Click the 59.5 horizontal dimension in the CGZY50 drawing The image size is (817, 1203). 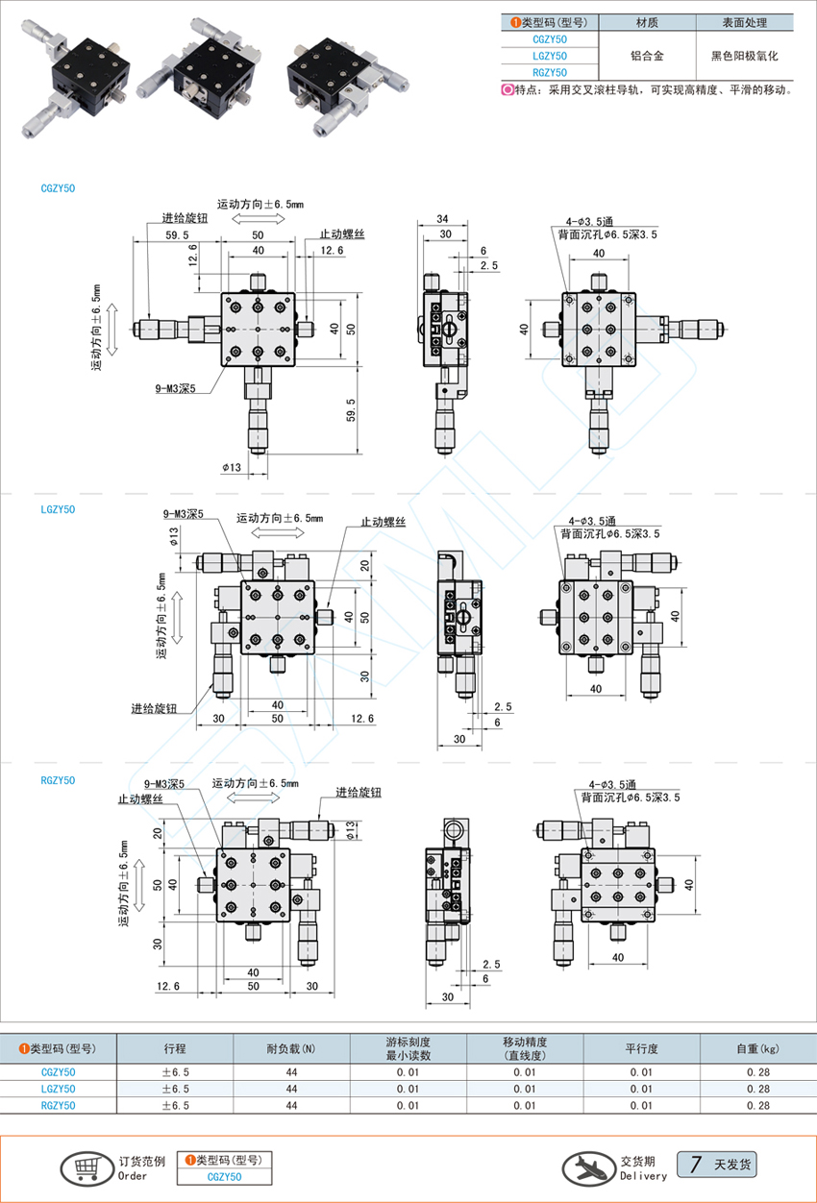[177, 235]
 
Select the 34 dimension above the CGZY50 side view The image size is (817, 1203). [442, 219]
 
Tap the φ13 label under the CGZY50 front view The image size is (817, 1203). [232, 467]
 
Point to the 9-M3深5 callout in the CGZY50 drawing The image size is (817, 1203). [175, 388]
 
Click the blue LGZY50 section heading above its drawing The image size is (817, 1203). [58, 509]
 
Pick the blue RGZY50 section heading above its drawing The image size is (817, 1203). [58, 780]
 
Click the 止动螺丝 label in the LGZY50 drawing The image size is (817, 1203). [383, 522]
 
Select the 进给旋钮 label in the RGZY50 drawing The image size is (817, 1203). [359, 792]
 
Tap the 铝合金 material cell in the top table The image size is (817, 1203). [647, 56]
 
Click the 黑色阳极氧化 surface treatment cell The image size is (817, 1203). [745, 56]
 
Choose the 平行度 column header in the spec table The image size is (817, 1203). [641, 1048]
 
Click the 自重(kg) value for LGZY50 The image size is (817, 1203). [758, 1089]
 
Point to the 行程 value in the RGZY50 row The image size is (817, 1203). [175, 1105]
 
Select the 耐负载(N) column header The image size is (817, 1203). [291, 1048]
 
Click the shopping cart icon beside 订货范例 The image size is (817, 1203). [87, 1168]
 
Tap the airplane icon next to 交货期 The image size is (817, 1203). [588, 1168]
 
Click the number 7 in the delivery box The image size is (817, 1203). [696, 1165]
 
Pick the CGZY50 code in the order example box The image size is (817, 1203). [225, 1177]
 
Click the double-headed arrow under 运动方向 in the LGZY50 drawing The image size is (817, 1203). [278, 532]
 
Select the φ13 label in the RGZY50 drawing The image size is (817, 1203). [351, 830]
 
